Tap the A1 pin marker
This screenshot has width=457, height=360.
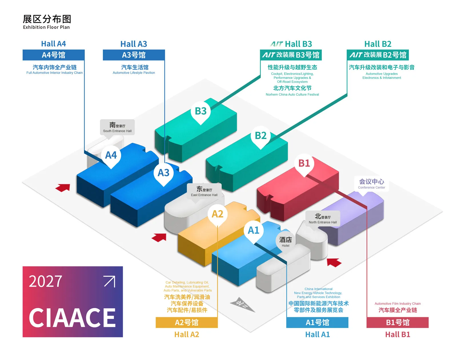click(x=254, y=231)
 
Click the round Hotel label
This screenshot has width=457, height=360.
click(x=285, y=242)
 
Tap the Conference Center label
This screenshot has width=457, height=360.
click(x=371, y=184)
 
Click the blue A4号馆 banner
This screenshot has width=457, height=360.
click(x=53, y=55)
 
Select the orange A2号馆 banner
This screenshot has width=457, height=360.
click(x=187, y=322)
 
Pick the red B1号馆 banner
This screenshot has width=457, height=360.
click(x=398, y=322)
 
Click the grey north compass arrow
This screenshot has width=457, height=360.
click(x=243, y=305)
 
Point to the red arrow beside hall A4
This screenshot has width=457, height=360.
click(x=63, y=188)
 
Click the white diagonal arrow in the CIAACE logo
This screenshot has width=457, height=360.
click(x=110, y=281)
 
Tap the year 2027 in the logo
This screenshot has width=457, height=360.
click(x=45, y=282)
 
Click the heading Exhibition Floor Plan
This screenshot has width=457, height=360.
click(x=46, y=27)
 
